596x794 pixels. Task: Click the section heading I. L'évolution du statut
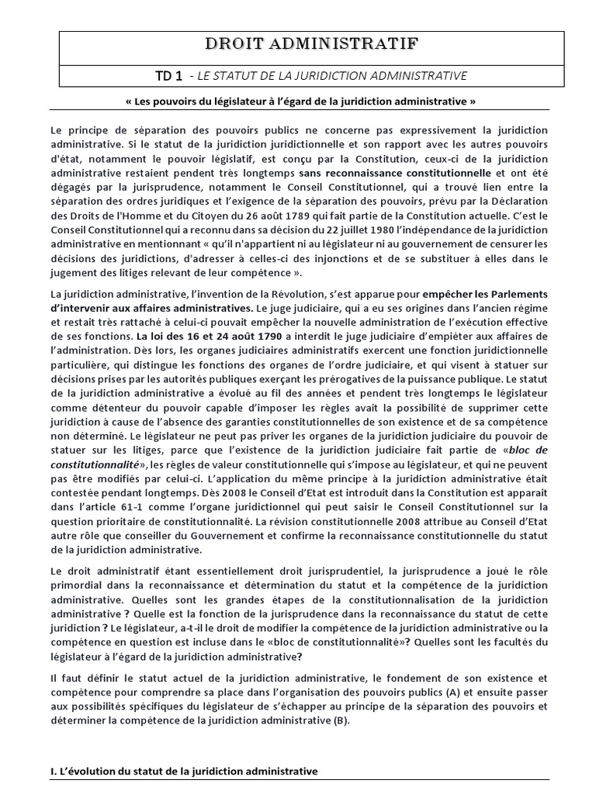tap(184, 772)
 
